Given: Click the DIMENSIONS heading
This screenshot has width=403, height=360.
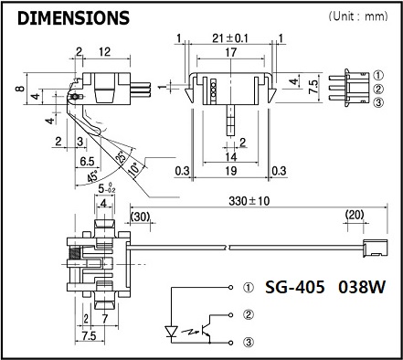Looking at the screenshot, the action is tap(73, 17).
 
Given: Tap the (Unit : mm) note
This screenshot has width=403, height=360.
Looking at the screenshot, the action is tap(358, 16).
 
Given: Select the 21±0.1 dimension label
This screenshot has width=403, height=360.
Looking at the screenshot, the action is tap(230, 38).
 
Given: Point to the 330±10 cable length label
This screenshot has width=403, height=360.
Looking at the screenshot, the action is tap(249, 201).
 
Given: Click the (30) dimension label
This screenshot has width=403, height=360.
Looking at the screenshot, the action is tap(140, 217).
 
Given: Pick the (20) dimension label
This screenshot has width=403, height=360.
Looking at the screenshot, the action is tap(355, 215).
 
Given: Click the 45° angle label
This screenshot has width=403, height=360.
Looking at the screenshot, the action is tap(93, 176).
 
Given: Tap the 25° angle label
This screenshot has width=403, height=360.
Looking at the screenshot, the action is tap(121, 157).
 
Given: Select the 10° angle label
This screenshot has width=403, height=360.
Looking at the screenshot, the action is tap(134, 168).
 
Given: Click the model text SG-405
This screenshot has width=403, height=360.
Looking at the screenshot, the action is tap(294, 287).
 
